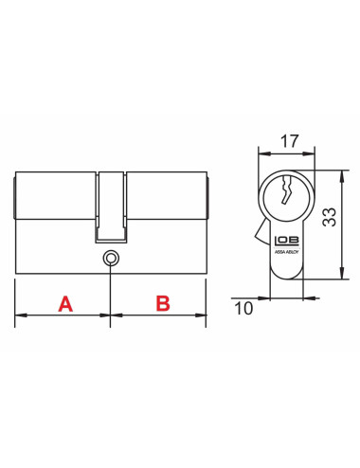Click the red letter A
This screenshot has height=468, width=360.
coord(65,304)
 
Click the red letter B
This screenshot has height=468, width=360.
coord(162,304)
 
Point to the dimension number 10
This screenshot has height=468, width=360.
coord(243,306)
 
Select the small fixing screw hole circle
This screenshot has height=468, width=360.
coord(111,256)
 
